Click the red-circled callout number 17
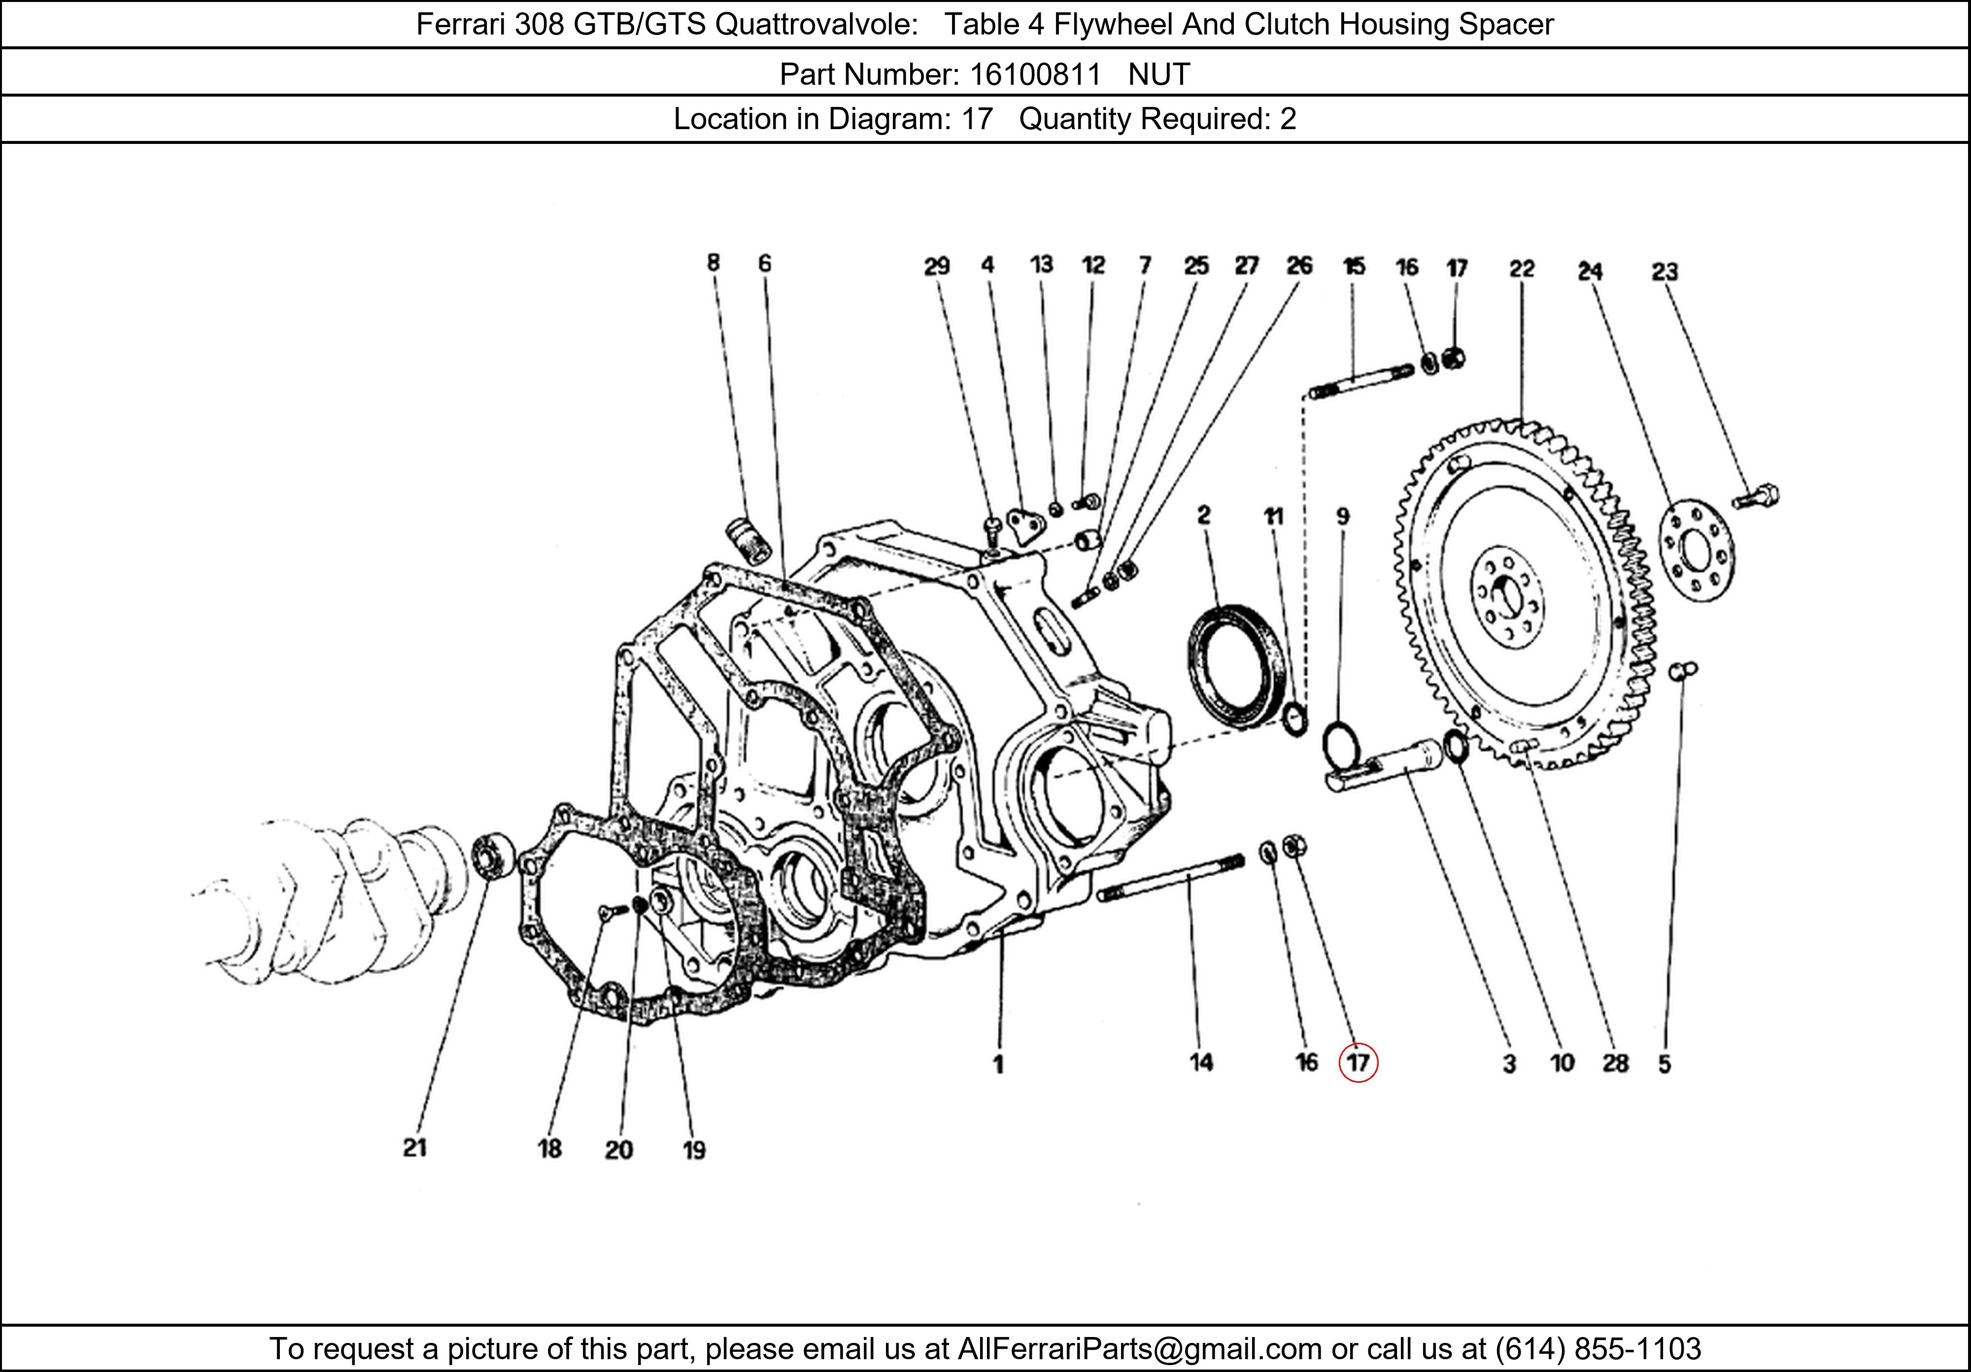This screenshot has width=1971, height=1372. pos(1357,1063)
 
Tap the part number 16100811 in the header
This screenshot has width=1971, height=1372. pos(1034,75)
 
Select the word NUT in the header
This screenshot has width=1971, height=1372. pos(1159,75)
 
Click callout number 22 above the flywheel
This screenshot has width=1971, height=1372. pos(1521,270)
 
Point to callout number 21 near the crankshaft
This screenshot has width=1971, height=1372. pos(414,1147)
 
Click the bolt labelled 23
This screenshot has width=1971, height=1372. pos(1756,496)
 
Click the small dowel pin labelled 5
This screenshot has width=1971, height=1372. pos(1683,670)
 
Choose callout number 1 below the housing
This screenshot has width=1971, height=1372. pos(997,1064)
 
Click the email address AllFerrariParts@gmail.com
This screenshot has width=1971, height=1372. pos(1139,1349)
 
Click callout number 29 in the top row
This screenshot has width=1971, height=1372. pos(937,266)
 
